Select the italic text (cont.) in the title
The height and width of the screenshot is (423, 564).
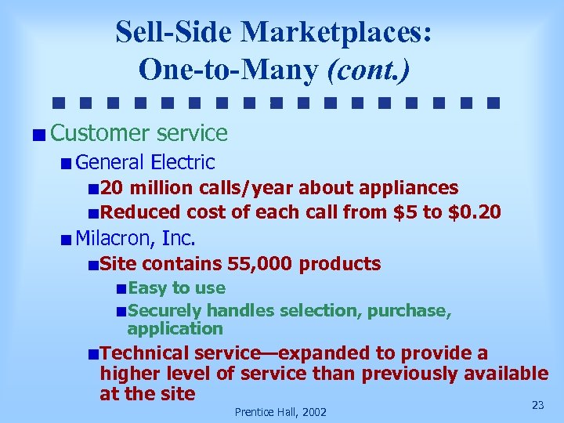pos(368,69)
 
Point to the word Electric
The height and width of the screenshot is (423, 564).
pos(183,162)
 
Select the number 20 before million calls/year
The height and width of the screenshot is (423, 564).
pos(112,188)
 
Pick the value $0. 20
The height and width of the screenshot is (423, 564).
pos(475,211)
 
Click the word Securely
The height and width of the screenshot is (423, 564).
pos(164,311)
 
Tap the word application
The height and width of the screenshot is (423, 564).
pos(175,328)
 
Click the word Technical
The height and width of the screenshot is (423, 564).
pos(146,354)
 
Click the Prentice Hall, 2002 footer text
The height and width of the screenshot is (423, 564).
pos(280,412)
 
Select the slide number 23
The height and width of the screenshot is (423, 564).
pos(537,405)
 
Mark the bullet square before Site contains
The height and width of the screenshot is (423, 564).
pos(94,265)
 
